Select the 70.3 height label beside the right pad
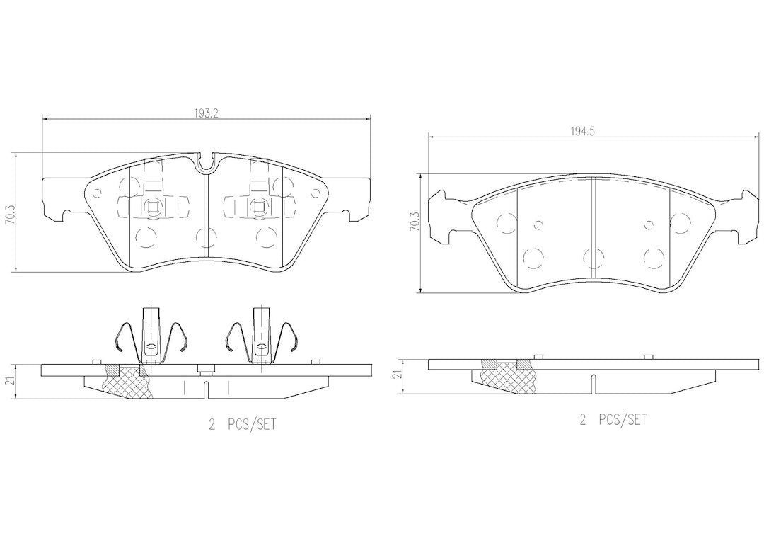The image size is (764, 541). point(415,222)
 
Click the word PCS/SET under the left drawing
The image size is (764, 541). point(251,424)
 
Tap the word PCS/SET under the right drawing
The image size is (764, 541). point(623,419)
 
